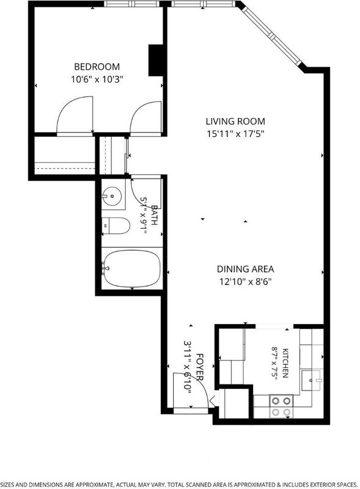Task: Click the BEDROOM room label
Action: pyautogui.click(x=97, y=67)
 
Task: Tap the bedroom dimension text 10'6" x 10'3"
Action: pyautogui.click(x=97, y=79)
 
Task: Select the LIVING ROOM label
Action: pyautogui.click(x=235, y=121)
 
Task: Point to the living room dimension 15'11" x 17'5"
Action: pyautogui.click(x=235, y=134)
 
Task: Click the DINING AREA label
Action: pyautogui.click(x=245, y=269)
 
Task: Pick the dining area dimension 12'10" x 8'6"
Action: pyautogui.click(x=245, y=282)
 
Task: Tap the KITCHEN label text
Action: pyautogui.click(x=285, y=362)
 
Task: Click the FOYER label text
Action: pyautogui.click(x=200, y=367)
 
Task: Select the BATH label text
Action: pyautogui.click(x=154, y=215)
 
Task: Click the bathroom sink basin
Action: pyautogui.click(x=112, y=196)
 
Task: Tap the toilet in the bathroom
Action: pyautogui.click(x=116, y=226)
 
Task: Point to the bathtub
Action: pyautogui.click(x=131, y=268)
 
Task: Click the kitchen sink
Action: pyautogui.click(x=312, y=380)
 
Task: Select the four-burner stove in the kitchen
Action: pyautogui.click(x=282, y=406)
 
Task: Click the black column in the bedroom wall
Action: pyautogui.click(x=155, y=60)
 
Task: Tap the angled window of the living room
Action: pyautogui.click(x=271, y=35)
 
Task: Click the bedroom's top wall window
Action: pyautogui.click(x=131, y=4)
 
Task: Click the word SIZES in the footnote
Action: pyautogui.click(x=7, y=484)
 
